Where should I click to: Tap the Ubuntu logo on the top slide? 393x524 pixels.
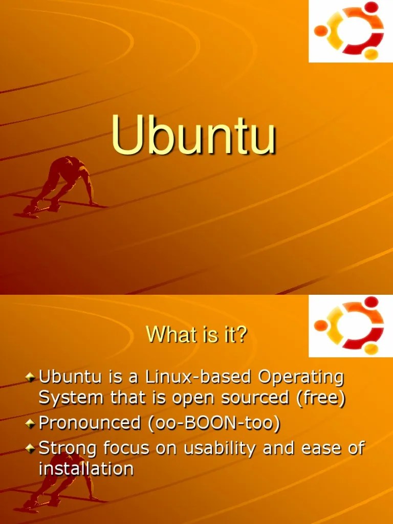350,31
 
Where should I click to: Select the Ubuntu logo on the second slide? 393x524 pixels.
350,326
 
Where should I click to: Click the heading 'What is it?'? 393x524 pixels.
196,335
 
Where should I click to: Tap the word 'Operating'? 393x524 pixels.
300,378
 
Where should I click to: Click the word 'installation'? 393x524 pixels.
86,468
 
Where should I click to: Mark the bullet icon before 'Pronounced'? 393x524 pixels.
31,424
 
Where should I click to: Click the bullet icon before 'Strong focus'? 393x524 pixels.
31,449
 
